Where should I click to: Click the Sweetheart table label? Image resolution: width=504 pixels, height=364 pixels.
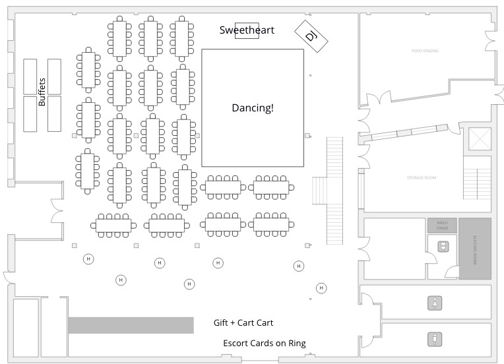[x=247, y=30]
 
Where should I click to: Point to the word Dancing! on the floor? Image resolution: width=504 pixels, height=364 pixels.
[x=253, y=107]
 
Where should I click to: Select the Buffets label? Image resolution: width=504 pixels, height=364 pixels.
[x=42, y=92]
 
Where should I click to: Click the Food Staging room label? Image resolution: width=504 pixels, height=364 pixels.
[x=425, y=51]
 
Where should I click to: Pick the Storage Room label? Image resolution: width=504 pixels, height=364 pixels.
[x=421, y=177]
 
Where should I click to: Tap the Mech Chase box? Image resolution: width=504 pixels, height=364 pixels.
[x=442, y=226]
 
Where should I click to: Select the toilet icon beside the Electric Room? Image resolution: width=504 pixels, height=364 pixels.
[x=443, y=246]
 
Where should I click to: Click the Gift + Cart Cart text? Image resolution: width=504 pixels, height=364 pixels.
[x=243, y=323]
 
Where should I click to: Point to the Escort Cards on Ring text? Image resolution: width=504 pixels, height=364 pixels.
[x=264, y=343]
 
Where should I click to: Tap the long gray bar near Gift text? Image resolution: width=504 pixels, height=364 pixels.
[x=131, y=324]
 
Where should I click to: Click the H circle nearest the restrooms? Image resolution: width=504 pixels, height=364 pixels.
[x=321, y=288]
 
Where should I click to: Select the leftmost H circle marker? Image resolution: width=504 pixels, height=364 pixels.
[x=88, y=258]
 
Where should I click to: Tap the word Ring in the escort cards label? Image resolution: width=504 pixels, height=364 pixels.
[x=298, y=343]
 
